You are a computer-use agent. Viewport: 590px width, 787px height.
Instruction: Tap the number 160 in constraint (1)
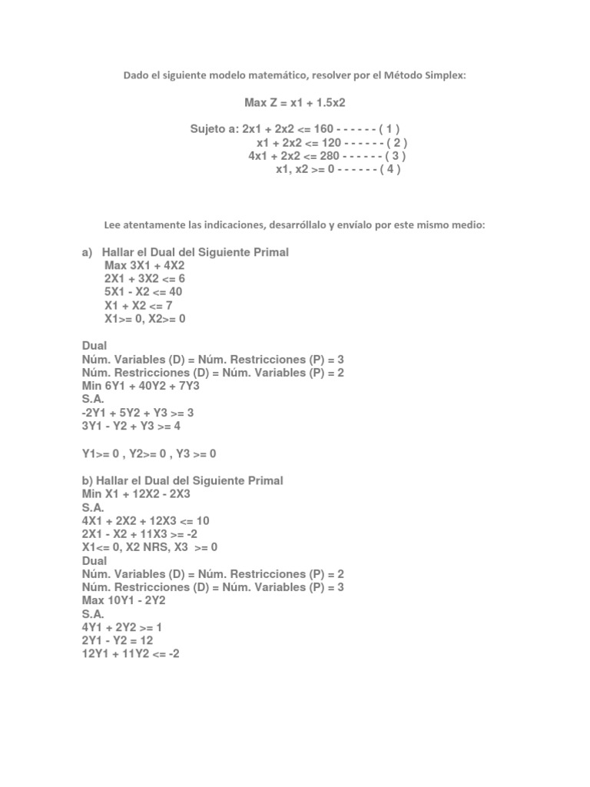tap(323, 129)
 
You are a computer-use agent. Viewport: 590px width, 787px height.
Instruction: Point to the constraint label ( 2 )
tap(393, 142)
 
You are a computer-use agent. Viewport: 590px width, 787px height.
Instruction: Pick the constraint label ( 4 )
tap(389, 169)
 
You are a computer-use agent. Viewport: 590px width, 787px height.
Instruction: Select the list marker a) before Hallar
tap(87, 252)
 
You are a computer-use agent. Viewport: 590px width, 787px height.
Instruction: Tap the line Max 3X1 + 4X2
tap(144, 266)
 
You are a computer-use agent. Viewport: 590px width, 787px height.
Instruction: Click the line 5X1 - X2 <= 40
tap(144, 292)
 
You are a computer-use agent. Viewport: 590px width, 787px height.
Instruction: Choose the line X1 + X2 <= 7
tap(138, 306)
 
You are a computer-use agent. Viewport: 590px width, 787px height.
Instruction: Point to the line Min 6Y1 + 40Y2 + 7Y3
tap(141, 386)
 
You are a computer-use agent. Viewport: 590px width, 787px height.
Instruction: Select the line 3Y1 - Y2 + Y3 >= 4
tap(131, 426)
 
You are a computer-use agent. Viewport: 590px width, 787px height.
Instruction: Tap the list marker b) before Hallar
tap(87, 480)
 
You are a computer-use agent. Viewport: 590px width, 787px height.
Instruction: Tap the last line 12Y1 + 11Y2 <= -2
tap(131, 654)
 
